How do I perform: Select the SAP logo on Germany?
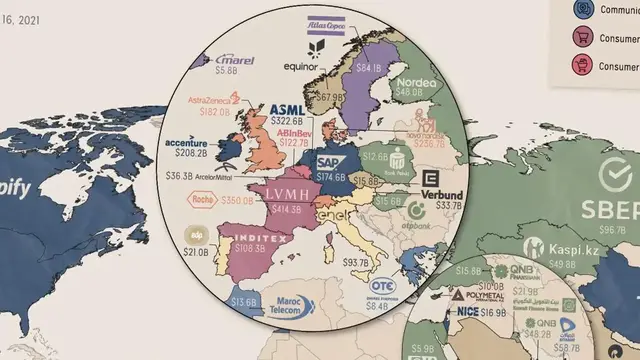click(x=329, y=160)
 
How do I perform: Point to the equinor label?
click(x=300, y=68)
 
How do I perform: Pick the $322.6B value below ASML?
click(x=287, y=123)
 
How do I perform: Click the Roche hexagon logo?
click(x=199, y=199)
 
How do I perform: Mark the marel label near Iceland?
click(x=234, y=61)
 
